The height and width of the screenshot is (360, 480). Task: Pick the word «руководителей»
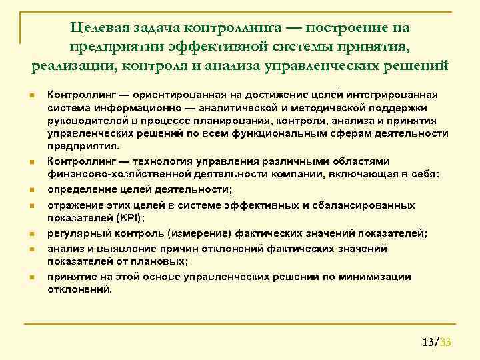[x=85, y=120]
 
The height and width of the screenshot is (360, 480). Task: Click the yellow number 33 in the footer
[x=446, y=343]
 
